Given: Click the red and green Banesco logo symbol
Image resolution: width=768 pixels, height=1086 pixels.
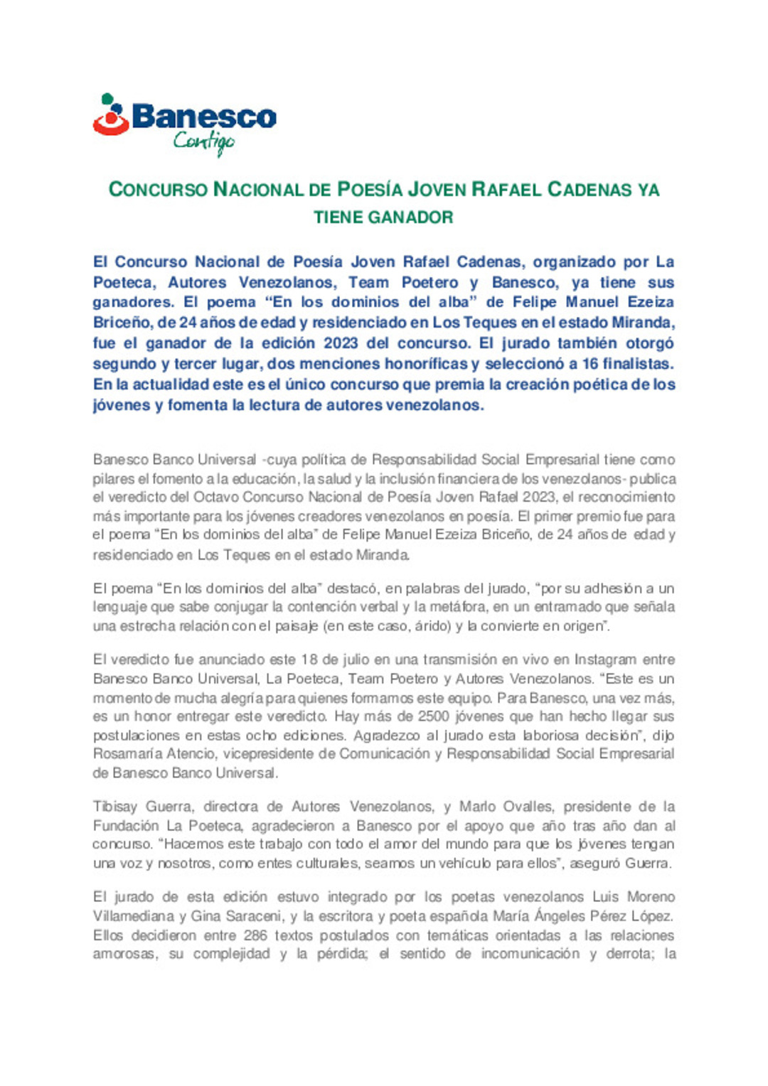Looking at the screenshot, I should click(x=111, y=114).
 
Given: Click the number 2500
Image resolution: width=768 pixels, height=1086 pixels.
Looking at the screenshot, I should click(x=434, y=716).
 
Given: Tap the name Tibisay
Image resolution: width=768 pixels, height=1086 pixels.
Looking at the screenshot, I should click(x=114, y=807).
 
